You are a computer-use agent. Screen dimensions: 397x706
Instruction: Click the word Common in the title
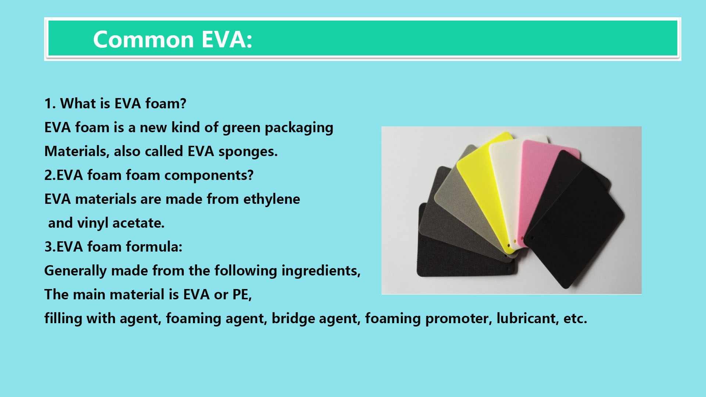tap(143, 39)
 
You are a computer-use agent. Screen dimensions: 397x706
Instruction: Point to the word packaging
tap(299, 128)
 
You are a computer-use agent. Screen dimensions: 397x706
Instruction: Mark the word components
tap(208, 176)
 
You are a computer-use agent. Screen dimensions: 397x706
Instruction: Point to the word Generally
tap(75, 271)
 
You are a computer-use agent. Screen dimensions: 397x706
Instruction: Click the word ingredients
tap(321, 271)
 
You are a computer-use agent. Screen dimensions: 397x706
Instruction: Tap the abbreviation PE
tap(241, 295)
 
